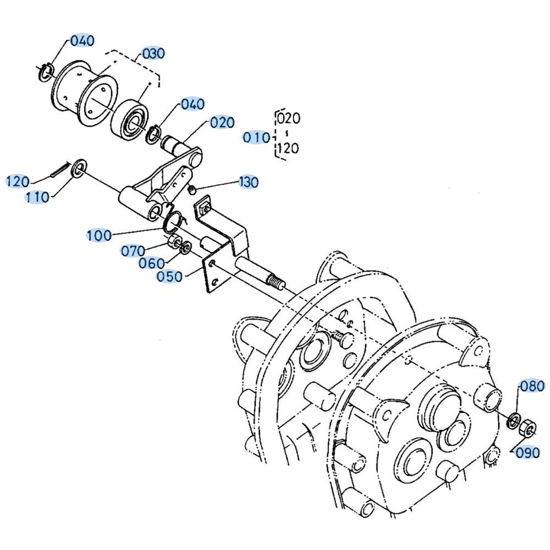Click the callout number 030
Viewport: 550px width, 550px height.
[153, 54]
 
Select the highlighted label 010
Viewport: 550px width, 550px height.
[256, 137]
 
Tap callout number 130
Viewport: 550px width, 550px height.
[249, 182]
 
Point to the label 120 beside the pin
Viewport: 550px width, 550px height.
[18, 182]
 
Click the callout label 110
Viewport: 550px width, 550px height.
[37, 197]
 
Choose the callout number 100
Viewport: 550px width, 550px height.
[99, 235]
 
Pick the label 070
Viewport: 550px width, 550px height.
[133, 251]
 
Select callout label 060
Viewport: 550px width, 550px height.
[152, 263]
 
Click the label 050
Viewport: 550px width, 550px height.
[169, 277]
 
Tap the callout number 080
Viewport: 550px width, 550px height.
[532, 386]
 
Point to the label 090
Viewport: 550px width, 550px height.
[527, 453]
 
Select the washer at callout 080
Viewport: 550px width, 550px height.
[514, 420]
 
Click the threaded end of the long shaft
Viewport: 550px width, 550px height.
[276, 282]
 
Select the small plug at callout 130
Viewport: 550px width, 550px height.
[192, 190]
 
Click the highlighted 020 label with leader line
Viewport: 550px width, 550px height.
[222, 123]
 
